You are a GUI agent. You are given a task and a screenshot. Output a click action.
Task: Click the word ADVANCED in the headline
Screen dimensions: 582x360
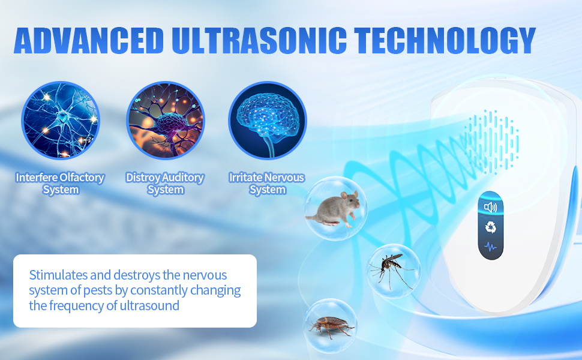[89, 40]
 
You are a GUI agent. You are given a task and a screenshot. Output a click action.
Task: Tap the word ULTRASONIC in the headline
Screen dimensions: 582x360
[259, 40]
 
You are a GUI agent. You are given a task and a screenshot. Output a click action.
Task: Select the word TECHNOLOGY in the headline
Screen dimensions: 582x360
[445, 40]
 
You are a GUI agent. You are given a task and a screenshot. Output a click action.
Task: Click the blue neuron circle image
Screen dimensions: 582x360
[61, 120]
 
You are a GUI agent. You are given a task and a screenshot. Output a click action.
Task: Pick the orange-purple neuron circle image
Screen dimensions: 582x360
[166, 120]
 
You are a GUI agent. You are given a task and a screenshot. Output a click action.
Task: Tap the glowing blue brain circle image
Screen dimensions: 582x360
[268, 120]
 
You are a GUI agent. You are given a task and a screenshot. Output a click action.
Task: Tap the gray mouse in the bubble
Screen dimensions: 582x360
[333, 209]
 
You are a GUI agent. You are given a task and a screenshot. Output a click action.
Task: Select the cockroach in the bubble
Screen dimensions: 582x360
[329, 326]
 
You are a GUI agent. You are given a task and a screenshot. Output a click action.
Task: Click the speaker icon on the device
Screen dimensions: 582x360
[490, 207]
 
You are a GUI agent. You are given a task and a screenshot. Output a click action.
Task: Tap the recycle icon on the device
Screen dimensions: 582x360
[491, 227]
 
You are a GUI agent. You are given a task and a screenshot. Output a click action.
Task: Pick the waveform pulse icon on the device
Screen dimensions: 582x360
[490, 246]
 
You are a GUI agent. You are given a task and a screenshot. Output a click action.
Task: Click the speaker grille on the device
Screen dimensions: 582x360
[492, 142]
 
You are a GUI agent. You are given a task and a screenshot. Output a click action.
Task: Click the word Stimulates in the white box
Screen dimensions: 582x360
[58, 275]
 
